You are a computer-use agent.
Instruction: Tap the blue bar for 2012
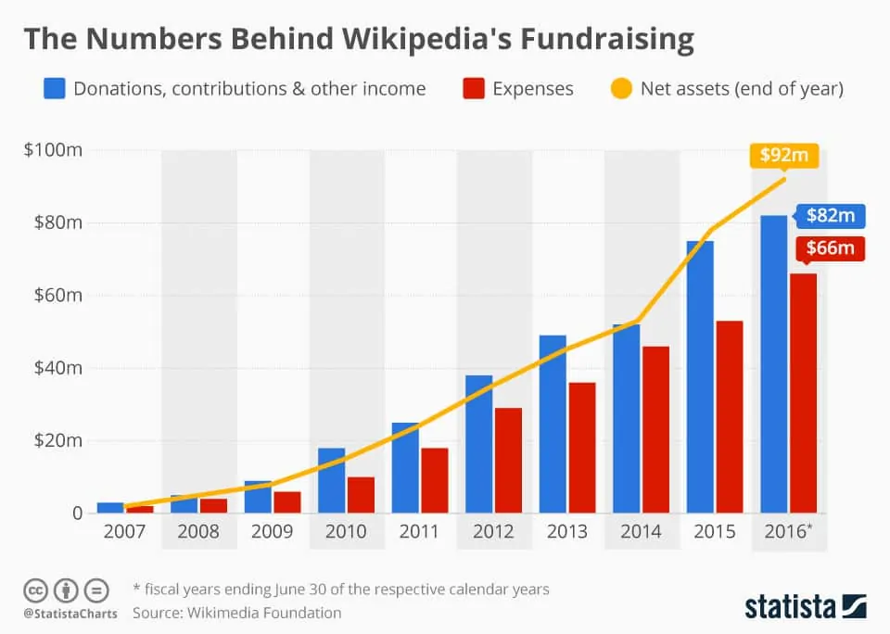coord(478,444)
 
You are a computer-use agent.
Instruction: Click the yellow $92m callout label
coord(784,155)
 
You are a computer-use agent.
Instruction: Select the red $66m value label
coord(830,249)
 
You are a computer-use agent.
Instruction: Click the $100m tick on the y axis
coord(52,150)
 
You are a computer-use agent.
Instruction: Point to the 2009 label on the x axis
coord(273,532)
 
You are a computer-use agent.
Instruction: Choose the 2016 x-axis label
coord(787,532)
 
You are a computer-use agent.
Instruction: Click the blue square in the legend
coord(54,89)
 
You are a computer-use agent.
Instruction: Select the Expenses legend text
coord(532,89)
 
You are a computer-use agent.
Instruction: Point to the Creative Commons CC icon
coord(35,590)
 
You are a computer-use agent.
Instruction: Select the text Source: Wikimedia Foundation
coord(236,613)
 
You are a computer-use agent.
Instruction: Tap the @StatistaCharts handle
coord(70,613)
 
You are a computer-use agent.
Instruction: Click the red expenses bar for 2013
coord(581,448)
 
